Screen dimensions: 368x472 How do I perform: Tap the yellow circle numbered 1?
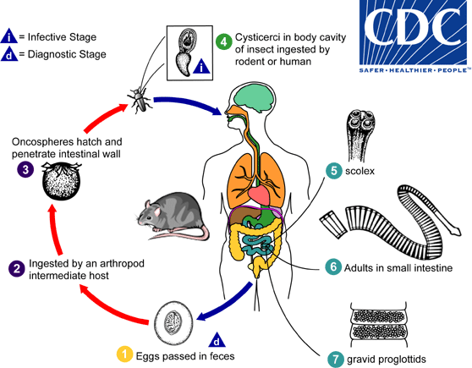124,354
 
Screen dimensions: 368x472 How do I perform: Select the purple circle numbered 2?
15,269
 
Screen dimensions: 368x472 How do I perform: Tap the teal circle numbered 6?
334,268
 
